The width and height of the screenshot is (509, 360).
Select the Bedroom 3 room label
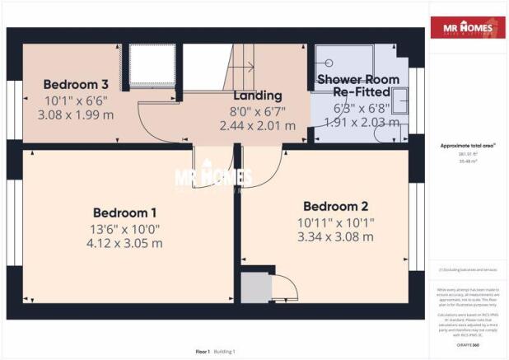76,84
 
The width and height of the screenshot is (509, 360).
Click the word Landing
258,96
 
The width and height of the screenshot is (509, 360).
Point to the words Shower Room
358,80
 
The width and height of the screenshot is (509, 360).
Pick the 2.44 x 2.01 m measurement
258,126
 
